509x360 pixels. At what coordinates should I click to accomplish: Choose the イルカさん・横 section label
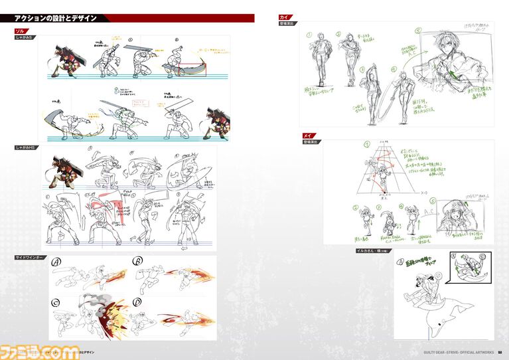tap(372, 250)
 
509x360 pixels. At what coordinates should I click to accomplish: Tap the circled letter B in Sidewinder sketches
tap(138, 261)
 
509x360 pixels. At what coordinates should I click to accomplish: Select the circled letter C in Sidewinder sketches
tap(57, 302)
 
